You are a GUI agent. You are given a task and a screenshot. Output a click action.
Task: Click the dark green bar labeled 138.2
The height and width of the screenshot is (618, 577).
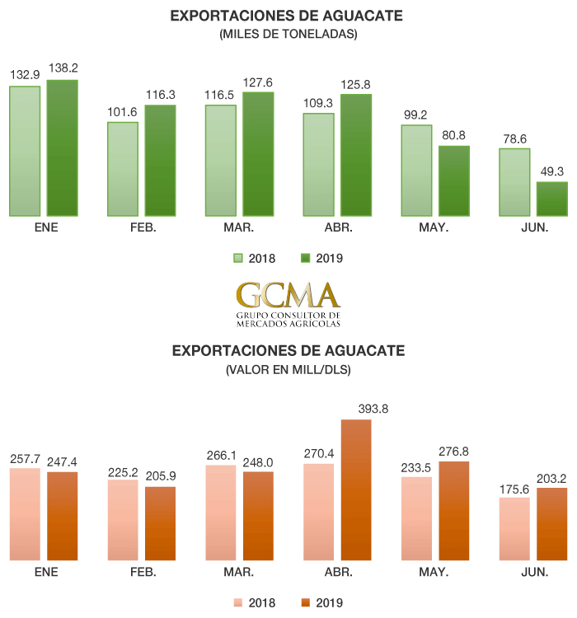point(62,147)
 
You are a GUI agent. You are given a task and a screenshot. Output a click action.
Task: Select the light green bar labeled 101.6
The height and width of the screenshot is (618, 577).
point(123,169)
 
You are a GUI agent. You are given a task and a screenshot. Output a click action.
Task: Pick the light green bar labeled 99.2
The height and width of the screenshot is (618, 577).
point(417,170)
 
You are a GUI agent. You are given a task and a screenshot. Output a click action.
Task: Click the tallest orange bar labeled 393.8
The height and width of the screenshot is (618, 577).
point(355,490)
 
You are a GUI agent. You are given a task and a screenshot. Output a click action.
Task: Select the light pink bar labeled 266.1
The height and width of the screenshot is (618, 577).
point(221,513)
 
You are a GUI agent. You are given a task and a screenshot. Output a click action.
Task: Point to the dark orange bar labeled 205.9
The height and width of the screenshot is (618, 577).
point(160,524)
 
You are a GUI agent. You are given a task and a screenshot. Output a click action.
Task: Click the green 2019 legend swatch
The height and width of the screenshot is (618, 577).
point(305,258)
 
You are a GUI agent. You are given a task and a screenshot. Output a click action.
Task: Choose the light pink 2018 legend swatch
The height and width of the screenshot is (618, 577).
point(239,602)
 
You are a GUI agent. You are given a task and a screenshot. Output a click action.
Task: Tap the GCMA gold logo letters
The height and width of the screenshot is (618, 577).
point(288,294)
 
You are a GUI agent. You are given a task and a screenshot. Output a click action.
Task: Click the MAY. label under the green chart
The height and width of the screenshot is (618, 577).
point(434,227)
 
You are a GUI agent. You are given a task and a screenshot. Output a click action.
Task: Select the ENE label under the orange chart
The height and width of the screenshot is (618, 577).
point(46,572)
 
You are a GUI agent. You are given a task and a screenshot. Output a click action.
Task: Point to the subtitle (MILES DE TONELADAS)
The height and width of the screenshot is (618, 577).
point(288,34)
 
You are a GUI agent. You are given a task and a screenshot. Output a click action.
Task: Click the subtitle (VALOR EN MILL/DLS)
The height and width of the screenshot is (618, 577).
point(288,370)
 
